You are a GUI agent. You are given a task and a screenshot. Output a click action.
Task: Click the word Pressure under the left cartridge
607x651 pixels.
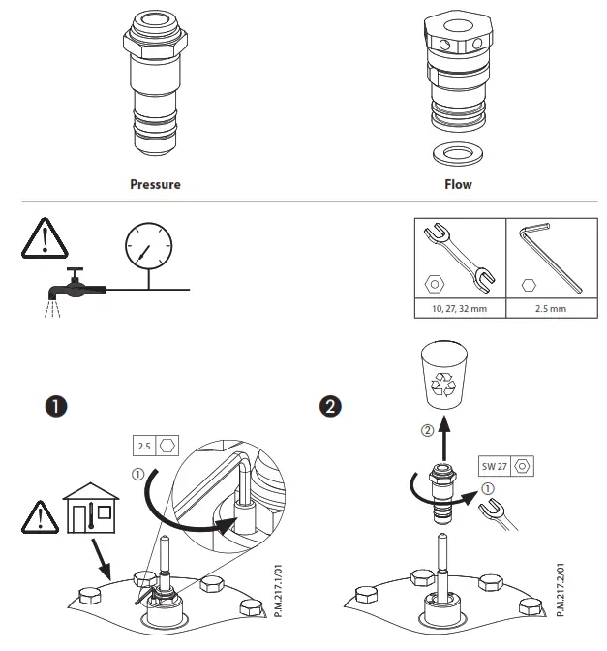point(155,184)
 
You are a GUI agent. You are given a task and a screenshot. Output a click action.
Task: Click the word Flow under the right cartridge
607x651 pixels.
point(458,184)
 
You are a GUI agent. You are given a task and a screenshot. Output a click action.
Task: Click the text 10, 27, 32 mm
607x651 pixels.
point(459,310)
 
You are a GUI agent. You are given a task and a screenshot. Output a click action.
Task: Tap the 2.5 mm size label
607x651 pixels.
point(549,310)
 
